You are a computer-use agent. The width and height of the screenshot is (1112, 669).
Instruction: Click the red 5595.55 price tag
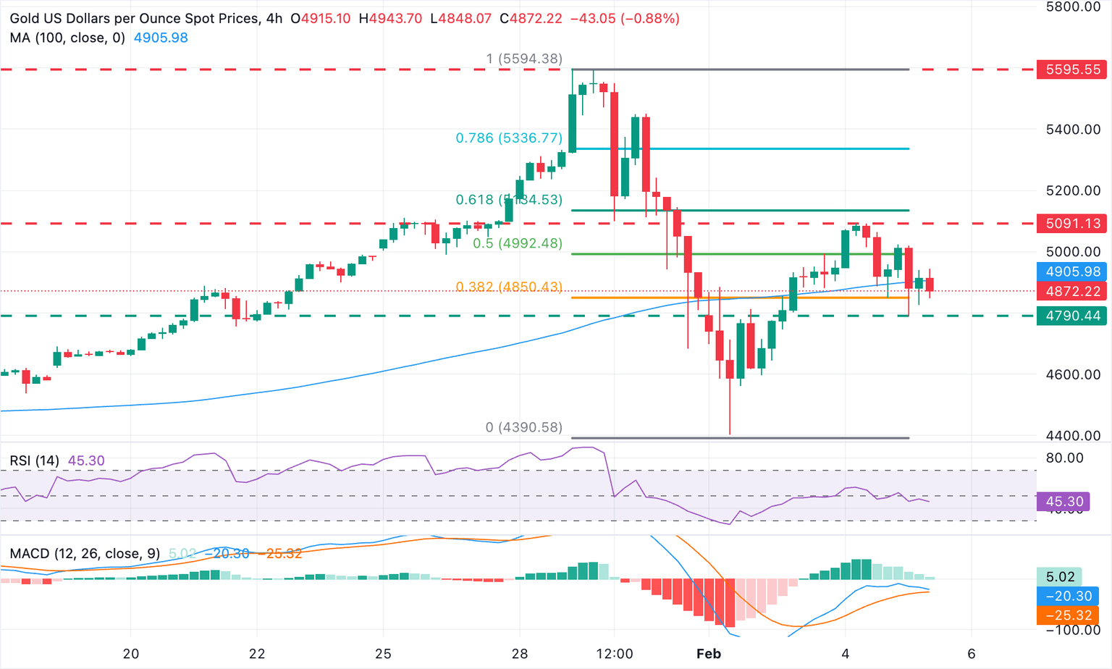pyautogui.click(x=1073, y=70)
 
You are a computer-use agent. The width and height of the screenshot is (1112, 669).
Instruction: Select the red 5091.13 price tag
pyautogui.click(x=1073, y=223)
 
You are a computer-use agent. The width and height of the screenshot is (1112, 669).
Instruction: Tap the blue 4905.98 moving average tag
pyautogui.click(x=1073, y=272)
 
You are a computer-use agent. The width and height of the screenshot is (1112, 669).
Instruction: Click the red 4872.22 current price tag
pyautogui.click(x=1073, y=291)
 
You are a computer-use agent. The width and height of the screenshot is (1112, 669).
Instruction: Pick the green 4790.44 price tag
pyautogui.click(x=1073, y=316)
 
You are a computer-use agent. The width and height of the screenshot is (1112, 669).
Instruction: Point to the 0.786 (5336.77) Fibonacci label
pyautogui.click(x=509, y=138)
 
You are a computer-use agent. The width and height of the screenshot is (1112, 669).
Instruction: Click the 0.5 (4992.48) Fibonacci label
pyautogui.click(x=518, y=243)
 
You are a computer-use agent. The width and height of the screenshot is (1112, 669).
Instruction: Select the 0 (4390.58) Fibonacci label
pyautogui.click(x=523, y=427)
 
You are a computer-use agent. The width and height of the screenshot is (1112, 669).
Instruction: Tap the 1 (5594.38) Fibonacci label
pyautogui.click(x=524, y=59)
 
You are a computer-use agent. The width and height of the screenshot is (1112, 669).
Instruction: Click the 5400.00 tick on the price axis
pyautogui.click(x=1073, y=130)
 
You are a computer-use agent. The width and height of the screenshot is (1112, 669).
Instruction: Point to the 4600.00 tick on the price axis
pyautogui.click(x=1073, y=374)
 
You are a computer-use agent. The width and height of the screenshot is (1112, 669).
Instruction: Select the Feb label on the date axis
pyautogui.click(x=708, y=654)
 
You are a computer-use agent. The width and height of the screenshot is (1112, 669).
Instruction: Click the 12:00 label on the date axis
pyautogui.click(x=614, y=654)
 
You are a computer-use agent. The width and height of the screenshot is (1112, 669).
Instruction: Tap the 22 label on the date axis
pyautogui.click(x=257, y=654)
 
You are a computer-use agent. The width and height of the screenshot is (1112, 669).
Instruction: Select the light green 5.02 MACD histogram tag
pyautogui.click(x=1061, y=577)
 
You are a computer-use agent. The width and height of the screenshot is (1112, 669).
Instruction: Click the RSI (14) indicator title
pyautogui.click(x=35, y=460)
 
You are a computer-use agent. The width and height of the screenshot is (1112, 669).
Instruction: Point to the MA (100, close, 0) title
pyautogui.click(x=67, y=38)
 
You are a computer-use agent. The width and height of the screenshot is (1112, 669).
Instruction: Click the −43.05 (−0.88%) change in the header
pyautogui.click(x=625, y=18)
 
